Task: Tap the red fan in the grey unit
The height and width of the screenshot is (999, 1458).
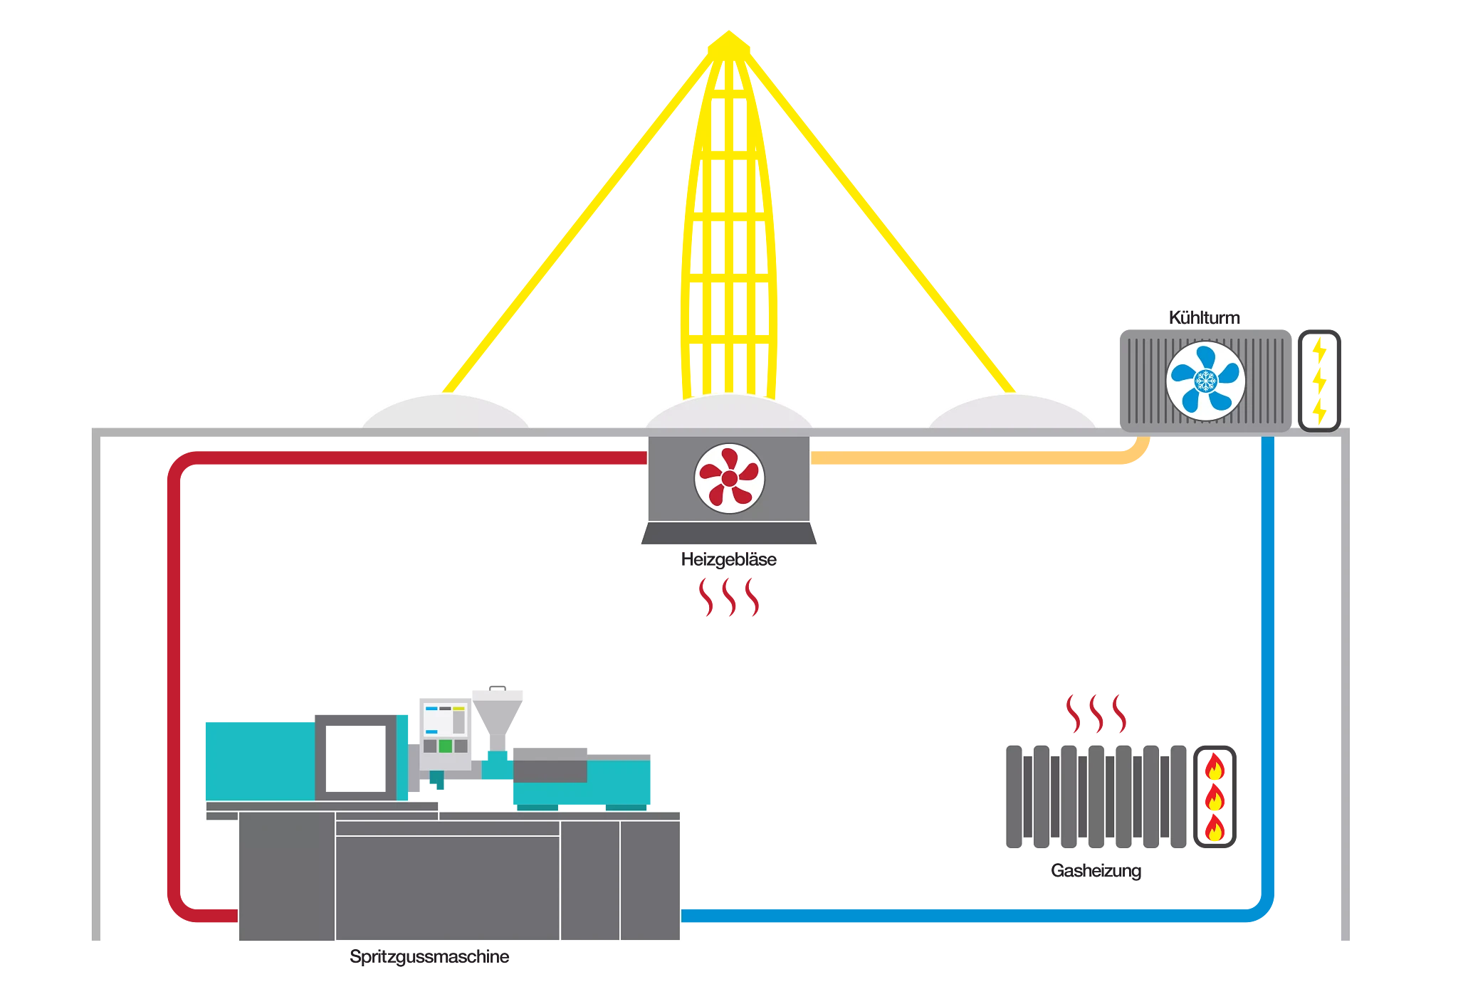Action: coord(729,478)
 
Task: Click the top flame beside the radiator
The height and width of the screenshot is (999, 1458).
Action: coord(1215,771)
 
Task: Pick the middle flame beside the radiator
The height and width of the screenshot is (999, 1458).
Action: coord(1215,801)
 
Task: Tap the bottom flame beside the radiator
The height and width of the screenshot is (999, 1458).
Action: coord(1215,831)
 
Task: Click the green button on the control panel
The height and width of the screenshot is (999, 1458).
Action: coord(446,746)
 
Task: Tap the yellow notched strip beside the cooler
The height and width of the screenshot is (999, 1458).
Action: coord(1323,381)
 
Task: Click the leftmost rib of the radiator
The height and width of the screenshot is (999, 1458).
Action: coord(1013,796)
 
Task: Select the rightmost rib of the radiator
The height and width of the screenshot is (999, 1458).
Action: coord(1180,796)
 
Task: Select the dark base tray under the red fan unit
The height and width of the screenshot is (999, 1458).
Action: coord(729,534)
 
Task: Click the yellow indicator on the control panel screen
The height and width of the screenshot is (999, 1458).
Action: coord(459,709)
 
